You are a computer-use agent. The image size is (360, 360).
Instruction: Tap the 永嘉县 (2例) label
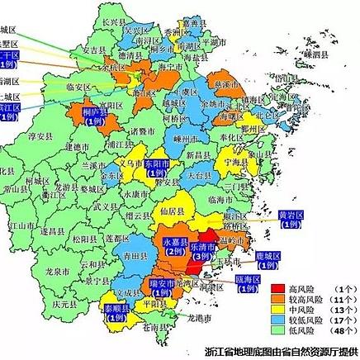click(x=173, y=246)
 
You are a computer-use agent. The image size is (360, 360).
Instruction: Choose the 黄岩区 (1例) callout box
click(x=291, y=220)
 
